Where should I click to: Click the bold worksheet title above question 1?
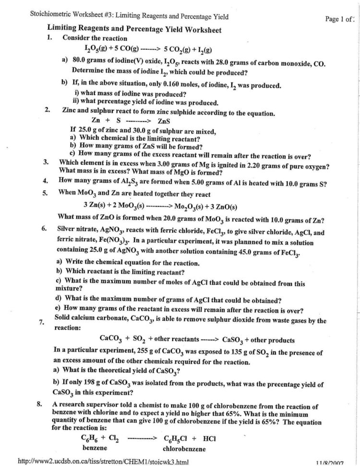[x=134, y=29]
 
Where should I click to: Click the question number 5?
[x=45, y=194]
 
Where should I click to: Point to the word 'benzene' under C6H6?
[x=95, y=448]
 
